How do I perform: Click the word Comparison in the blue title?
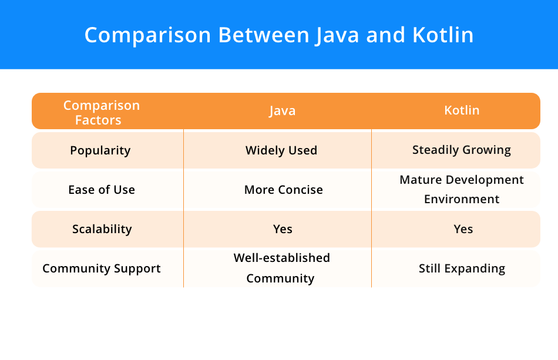click(147, 35)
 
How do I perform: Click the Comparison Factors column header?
click(102, 113)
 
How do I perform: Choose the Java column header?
click(282, 111)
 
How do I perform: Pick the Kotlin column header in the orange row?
click(462, 110)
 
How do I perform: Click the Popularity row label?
click(100, 150)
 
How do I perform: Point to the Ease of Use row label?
click(102, 190)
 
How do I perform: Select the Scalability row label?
click(102, 229)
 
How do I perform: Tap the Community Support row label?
click(102, 268)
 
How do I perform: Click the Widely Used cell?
click(281, 150)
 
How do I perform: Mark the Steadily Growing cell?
click(462, 150)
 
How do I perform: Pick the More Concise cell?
click(284, 190)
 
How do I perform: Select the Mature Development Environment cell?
click(462, 189)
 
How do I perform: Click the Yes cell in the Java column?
click(283, 229)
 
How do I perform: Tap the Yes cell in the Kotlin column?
click(463, 229)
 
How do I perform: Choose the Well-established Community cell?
click(281, 268)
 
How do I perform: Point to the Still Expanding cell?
click(462, 268)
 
